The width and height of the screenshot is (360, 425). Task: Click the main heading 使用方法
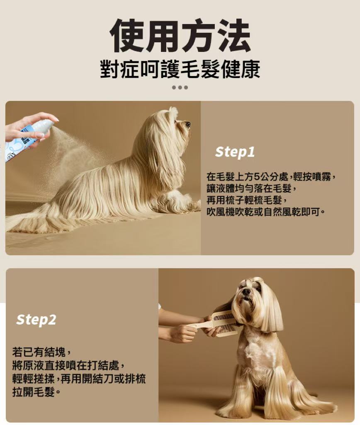[180, 36]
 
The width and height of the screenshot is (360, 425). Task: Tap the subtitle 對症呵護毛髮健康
[180, 69]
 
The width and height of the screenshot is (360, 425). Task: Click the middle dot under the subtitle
[180, 87]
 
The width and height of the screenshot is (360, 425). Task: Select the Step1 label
[235, 152]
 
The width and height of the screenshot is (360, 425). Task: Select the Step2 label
[36, 320]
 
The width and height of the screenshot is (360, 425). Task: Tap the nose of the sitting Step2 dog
[246, 292]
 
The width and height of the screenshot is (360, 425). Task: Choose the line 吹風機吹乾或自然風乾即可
[265, 212]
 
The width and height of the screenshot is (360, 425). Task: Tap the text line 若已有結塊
[42, 352]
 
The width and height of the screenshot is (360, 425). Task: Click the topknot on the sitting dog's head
[252, 281]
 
